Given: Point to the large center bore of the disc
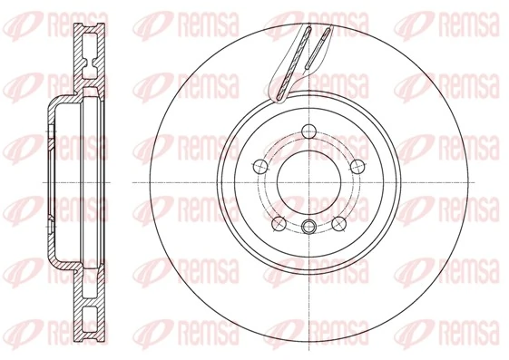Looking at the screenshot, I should pyautogui.click(x=309, y=181).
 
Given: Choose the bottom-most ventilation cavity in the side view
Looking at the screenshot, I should pyautogui.click(x=91, y=321).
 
